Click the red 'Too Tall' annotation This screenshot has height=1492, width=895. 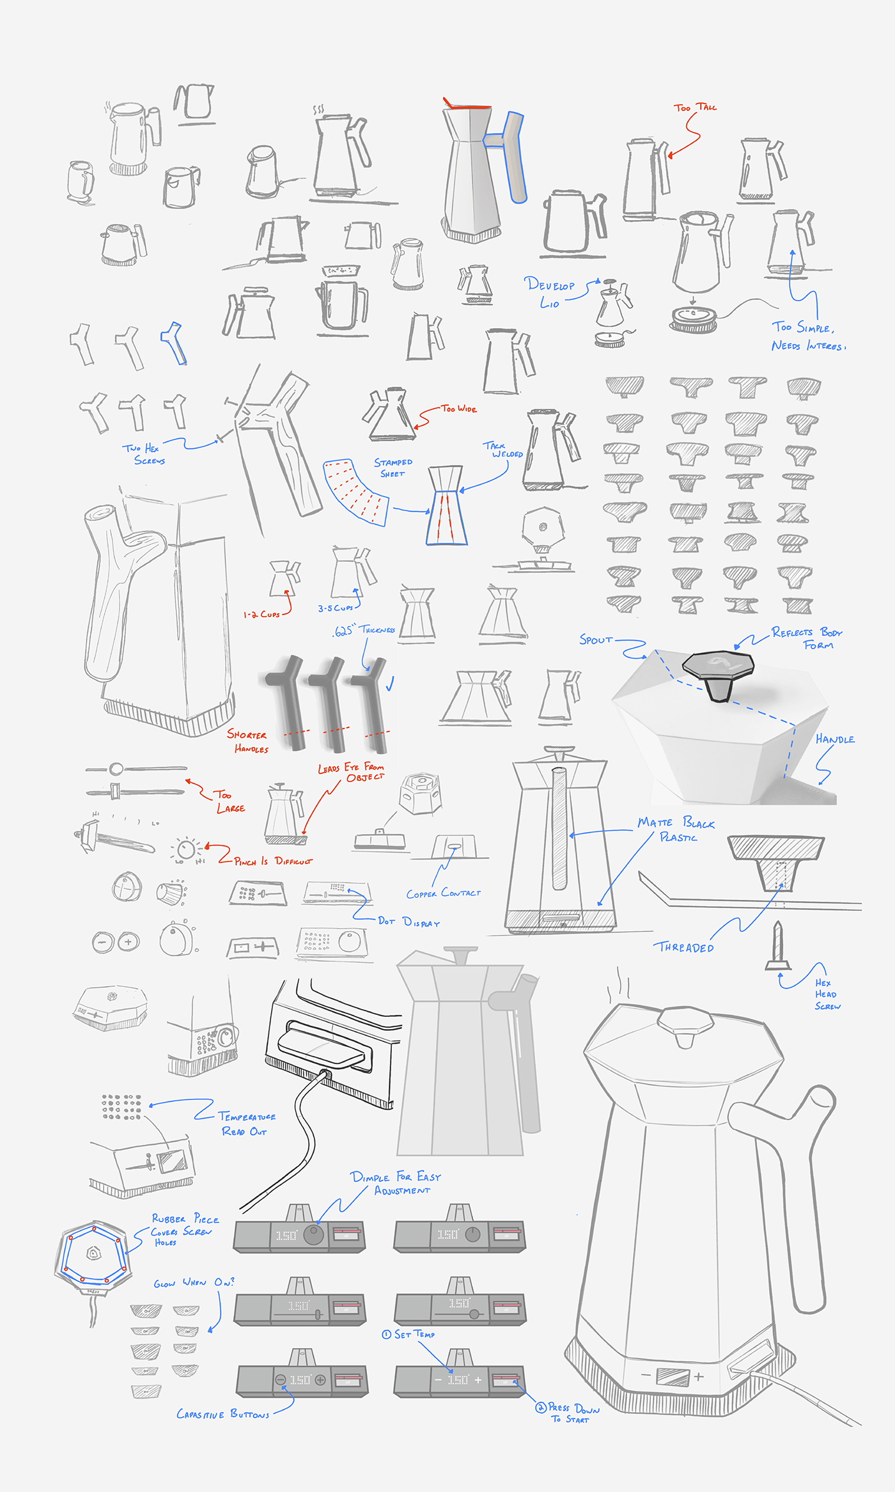pyautogui.click(x=695, y=107)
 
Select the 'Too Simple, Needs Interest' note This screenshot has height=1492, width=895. pyautogui.click(x=808, y=336)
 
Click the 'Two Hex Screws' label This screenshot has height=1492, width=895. pyautogui.click(x=144, y=454)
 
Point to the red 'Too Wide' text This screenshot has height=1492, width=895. pyautogui.click(x=459, y=409)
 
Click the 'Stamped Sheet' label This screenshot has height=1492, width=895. pyautogui.click(x=393, y=467)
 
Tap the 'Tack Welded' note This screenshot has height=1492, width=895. pyautogui.click(x=503, y=450)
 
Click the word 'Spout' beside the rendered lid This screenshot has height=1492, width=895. pyautogui.click(x=596, y=640)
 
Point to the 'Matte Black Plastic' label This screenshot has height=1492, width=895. pyautogui.click(x=676, y=829)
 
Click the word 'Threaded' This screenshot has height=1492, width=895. pyautogui.click(x=683, y=948)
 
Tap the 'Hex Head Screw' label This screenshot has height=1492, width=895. pyautogui.click(x=827, y=994)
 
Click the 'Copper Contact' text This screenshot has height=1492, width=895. pyautogui.click(x=443, y=893)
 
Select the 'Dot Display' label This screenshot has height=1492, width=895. pyautogui.click(x=409, y=922)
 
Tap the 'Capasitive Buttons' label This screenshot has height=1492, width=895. pyautogui.click(x=222, y=1414)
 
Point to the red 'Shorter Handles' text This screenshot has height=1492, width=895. pyautogui.click(x=248, y=741)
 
